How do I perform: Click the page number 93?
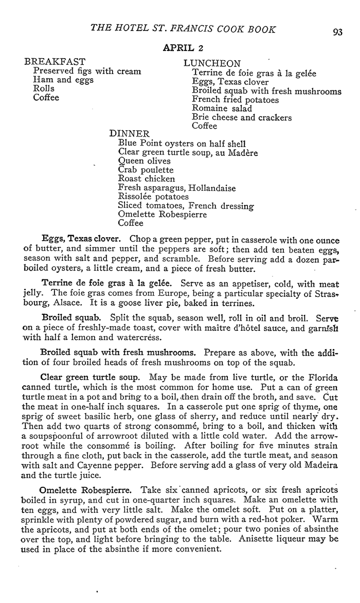[337, 31]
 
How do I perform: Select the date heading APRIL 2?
[184, 48]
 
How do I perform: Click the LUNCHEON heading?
[212, 63]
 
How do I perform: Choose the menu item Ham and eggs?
[63, 80]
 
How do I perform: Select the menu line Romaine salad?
[222, 109]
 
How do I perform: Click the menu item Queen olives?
[144, 161]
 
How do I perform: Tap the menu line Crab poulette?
[146, 170]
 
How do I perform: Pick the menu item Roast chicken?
[147, 179]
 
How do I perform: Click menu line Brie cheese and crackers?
[242, 117]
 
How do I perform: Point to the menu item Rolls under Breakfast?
[43, 88]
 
